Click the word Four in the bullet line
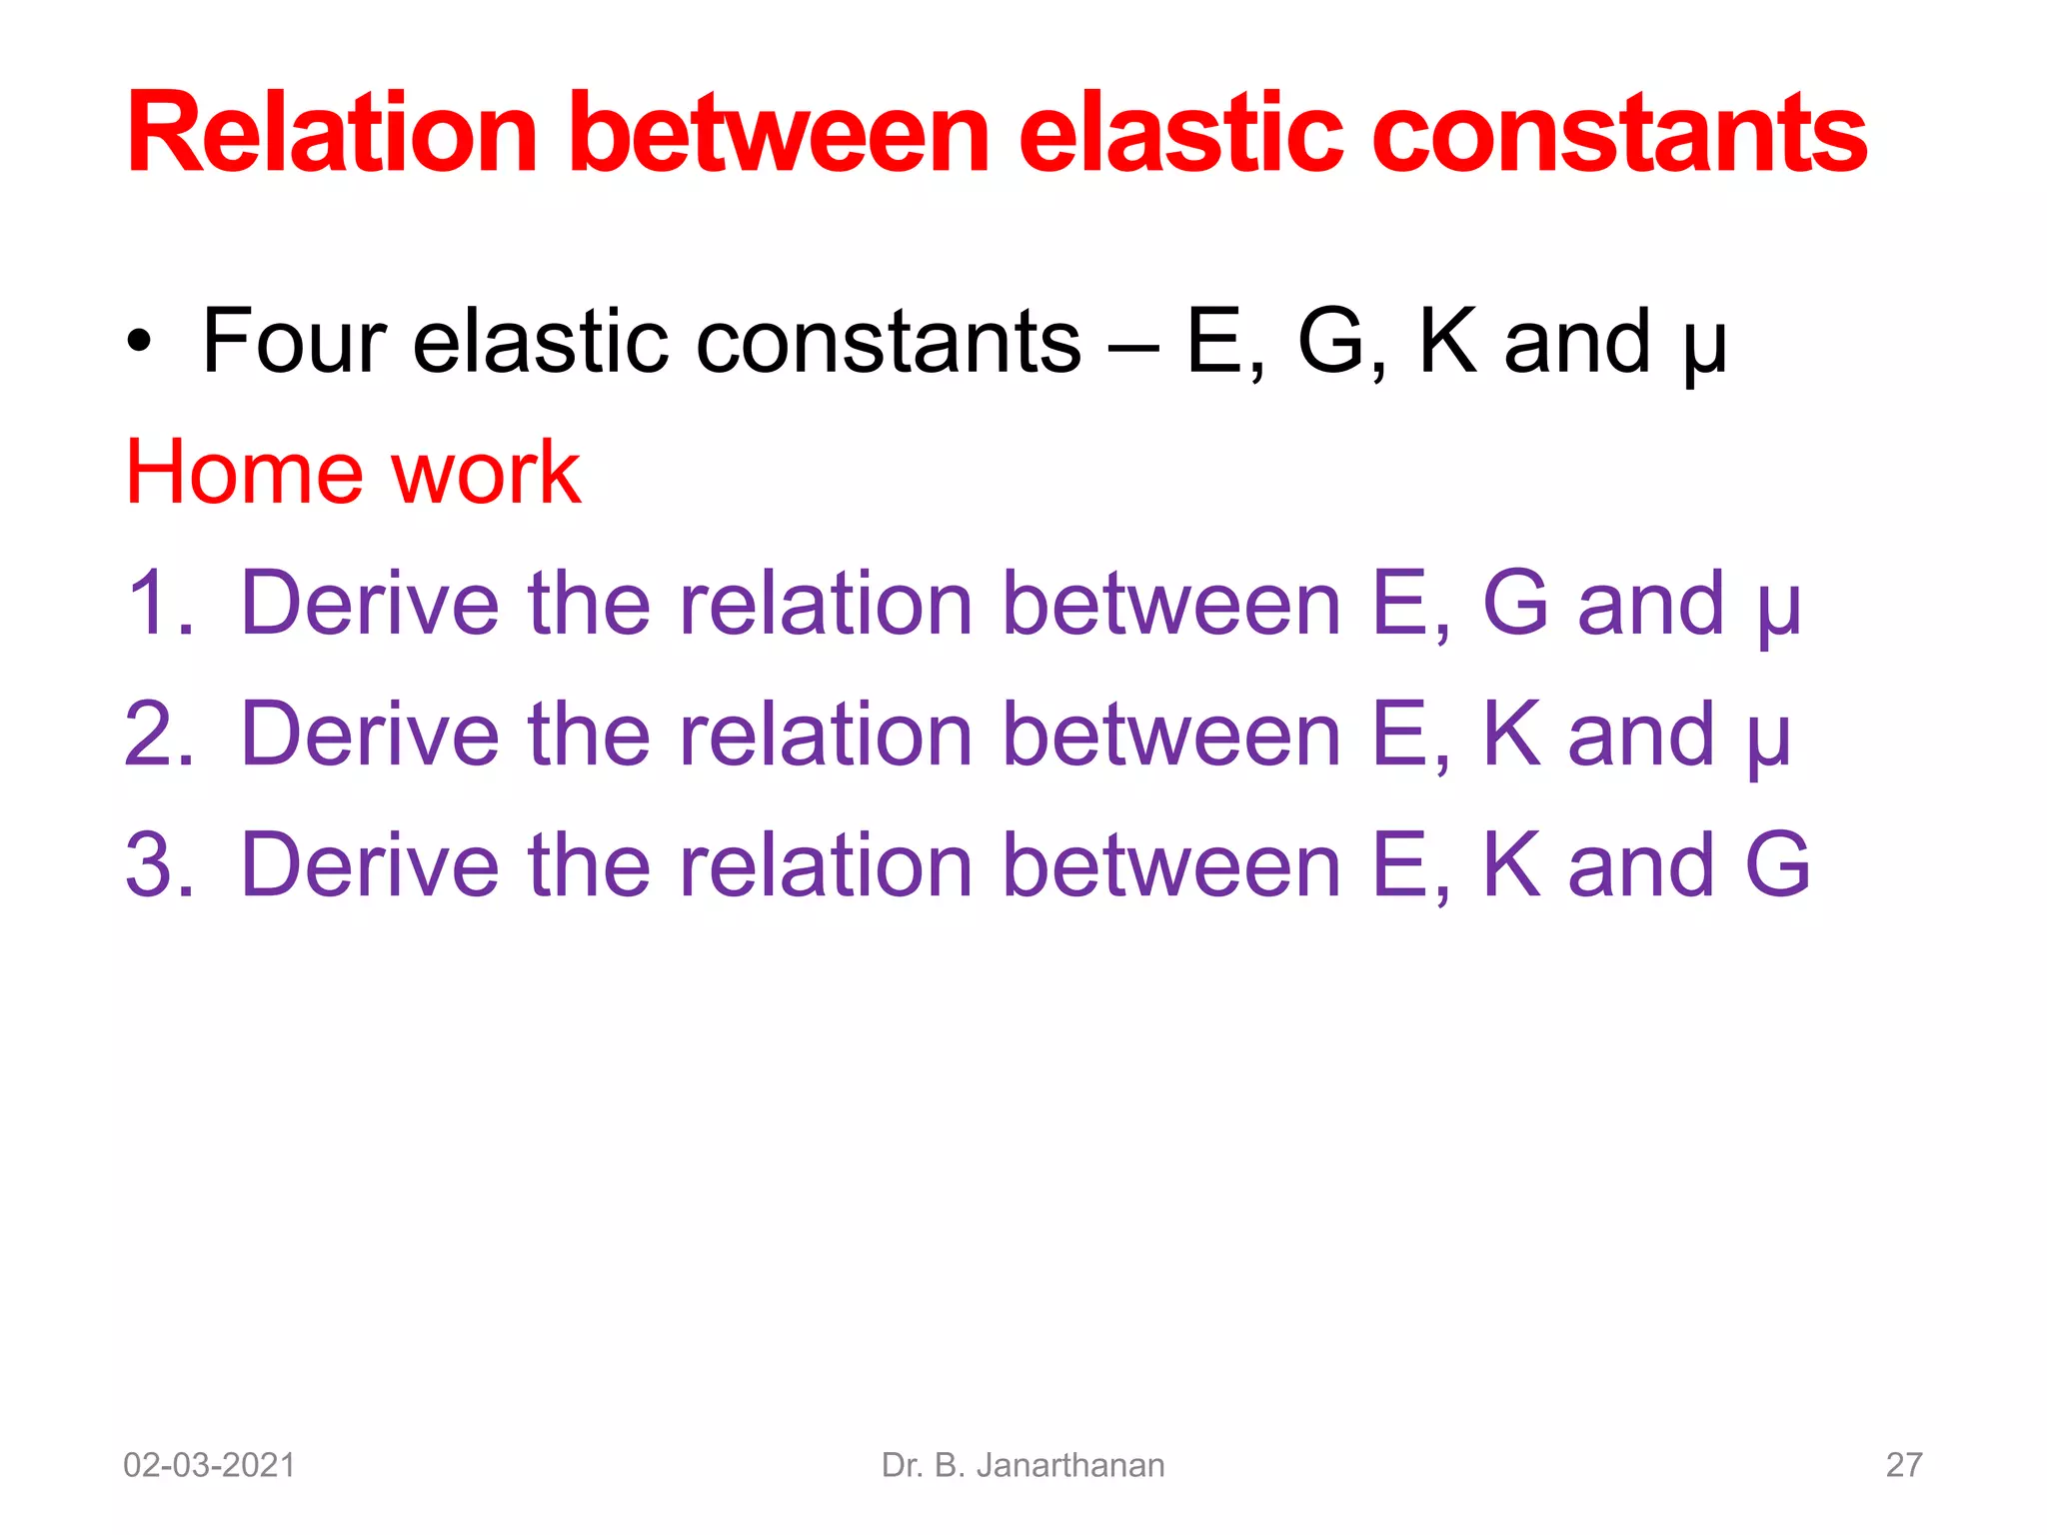click(294, 342)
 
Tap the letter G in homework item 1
click(1514, 604)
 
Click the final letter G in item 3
click(1777, 865)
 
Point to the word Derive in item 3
click(369, 865)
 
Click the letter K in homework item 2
click(1510, 735)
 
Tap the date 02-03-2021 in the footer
click(209, 1465)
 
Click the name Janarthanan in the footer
click(1069, 1465)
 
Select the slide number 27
click(1903, 1465)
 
